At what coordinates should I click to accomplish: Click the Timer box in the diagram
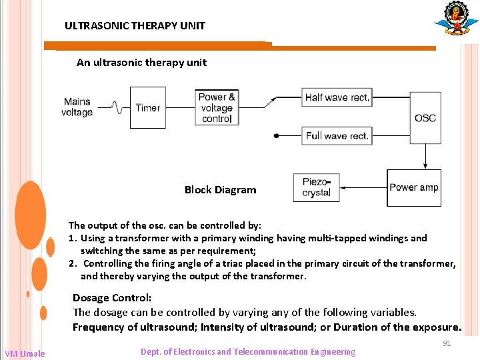(x=147, y=107)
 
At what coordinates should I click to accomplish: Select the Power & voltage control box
(x=217, y=107)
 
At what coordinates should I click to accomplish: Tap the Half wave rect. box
(x=337, y=97)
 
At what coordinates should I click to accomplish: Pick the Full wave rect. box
(x=337, y=136)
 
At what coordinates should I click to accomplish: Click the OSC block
(x=425, y=118)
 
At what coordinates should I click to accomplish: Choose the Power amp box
(x=414, y=187)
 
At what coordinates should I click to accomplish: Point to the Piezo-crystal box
(x=316, y=187)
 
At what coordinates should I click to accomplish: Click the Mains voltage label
(x=77, y=107)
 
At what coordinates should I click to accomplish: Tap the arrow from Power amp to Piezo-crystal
(x=363, y=188)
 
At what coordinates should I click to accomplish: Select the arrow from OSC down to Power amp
(x=425, y=156)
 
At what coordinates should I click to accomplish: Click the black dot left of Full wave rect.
(x=277, y=136)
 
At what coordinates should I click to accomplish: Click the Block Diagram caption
(x=220, y=190)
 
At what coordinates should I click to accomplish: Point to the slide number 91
(x=447, y=343)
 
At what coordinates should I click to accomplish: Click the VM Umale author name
(x=25, y=353)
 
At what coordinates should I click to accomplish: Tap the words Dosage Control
(x=112, y=297)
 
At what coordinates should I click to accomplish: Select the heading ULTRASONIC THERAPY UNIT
(x=135, y=26)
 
